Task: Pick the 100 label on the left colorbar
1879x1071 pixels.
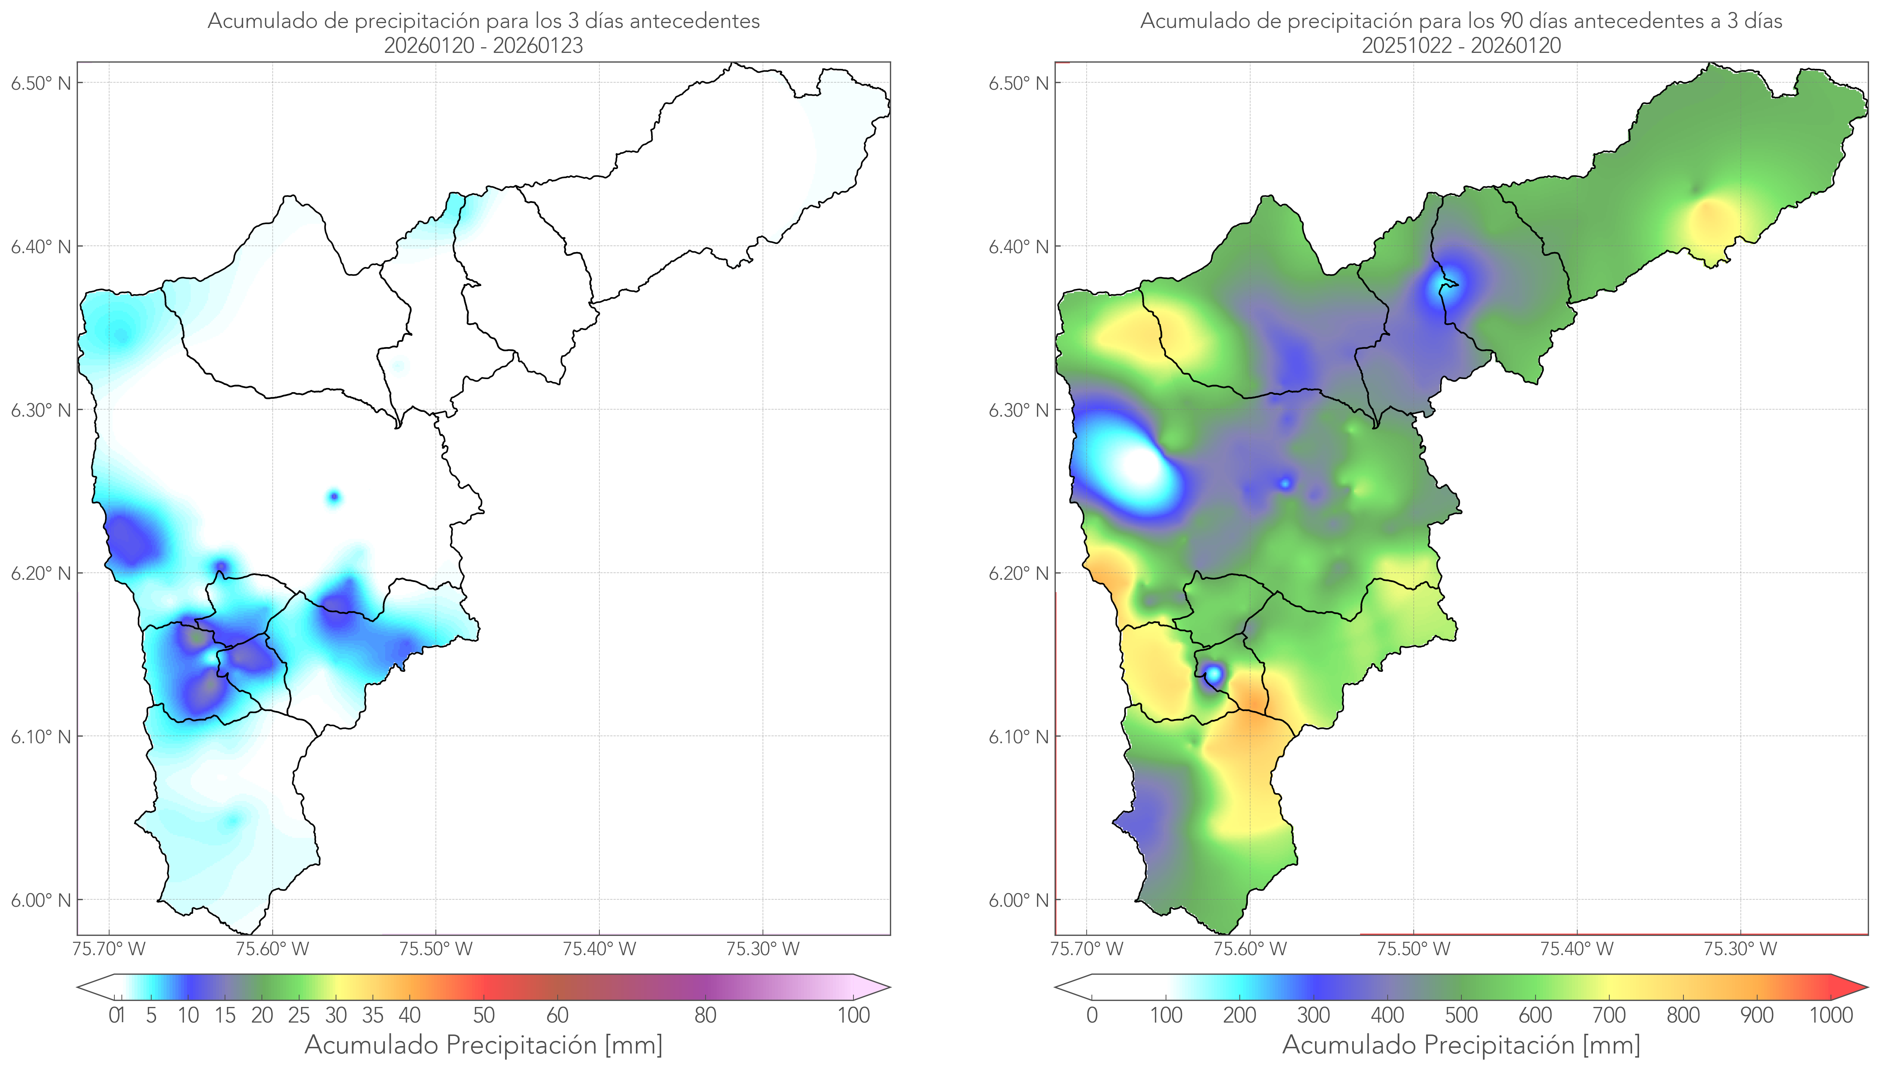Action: (853, 1015)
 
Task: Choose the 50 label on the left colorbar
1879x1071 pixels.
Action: (484, 1015)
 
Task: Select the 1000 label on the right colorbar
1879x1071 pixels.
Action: (1831, 1015)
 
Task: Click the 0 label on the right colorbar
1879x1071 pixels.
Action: (1092, 1015)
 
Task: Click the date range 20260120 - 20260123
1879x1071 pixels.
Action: (484, 45)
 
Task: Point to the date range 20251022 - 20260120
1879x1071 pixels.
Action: (1461, 45)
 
